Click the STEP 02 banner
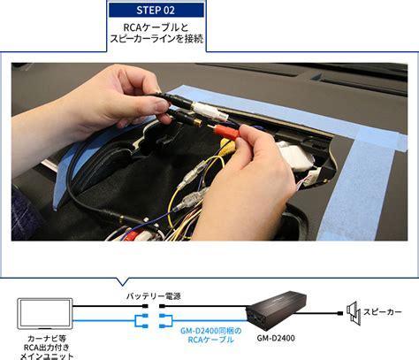pos(156,11)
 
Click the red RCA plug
pos(226,131)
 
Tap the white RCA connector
pos(209,111)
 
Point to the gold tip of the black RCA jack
pos(198,122)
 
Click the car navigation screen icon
pos(45,313)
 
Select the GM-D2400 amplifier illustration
pos(277,311)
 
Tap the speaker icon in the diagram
pos(353,313)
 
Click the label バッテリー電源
pos(153,296)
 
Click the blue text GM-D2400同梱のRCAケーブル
pos(210,335)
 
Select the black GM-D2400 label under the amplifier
pos(276,338)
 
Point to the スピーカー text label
pos(382,312)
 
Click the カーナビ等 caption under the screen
pos(47,339)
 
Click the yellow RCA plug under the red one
pos(227,143)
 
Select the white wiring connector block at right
pos(294,156)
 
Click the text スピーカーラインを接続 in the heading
pos(156,39)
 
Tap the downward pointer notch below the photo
pos(122,281)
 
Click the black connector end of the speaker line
pos(340,313)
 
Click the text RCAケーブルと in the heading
pos(156,27)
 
